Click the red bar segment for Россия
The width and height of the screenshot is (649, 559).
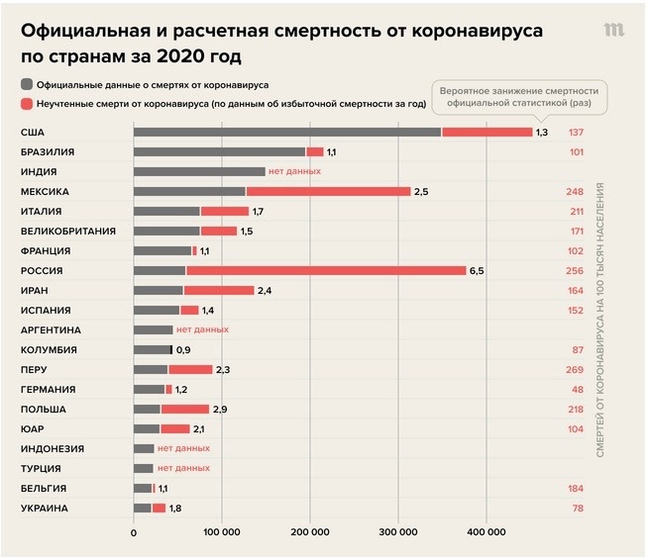point(326,270)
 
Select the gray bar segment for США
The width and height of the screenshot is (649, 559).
point(287,133)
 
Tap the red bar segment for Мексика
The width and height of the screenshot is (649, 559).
point(328,192)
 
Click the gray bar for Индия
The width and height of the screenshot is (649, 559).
point(199,172)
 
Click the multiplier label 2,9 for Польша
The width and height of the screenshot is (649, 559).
point(220,409)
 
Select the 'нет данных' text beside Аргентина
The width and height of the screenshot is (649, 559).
point(203,329)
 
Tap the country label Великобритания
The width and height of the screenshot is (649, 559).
point(68,231)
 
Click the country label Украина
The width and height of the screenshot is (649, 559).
point(43,508)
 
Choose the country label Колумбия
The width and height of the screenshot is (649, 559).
point(50,349)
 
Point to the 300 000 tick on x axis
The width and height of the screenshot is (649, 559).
point(398,533)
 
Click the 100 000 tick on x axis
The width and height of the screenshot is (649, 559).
point(222,533)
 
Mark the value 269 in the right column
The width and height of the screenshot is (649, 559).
point(575,369)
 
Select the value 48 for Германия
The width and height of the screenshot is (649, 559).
point(577,389)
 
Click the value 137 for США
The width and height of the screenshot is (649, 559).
point(575,133)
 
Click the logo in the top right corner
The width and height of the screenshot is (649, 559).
point(614,30)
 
